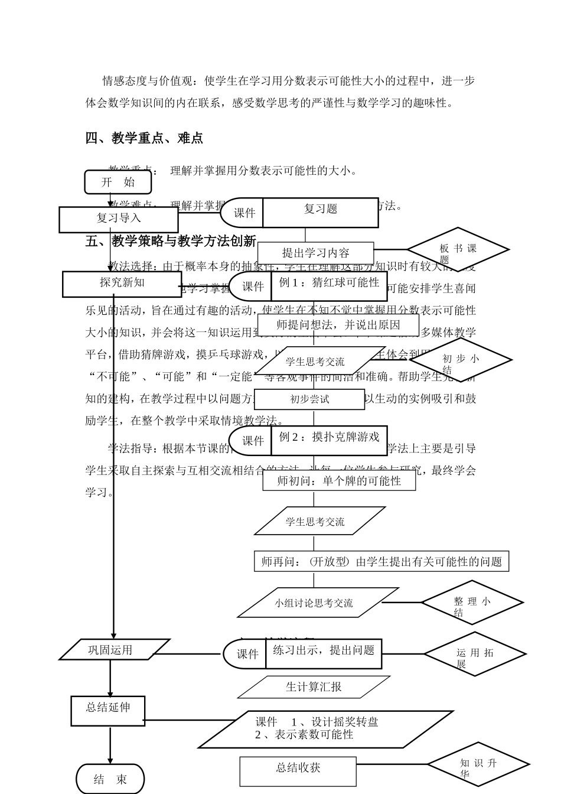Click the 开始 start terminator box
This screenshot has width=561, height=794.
click(118, 182)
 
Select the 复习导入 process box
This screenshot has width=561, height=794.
click(118, 219)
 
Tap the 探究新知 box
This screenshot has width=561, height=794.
click(121, 284)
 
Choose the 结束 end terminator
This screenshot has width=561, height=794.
click(110, 779)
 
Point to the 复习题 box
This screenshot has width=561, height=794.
click(321, 212)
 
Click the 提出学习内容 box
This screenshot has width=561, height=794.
click(315, 253)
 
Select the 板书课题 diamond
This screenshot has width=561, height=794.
click(458, 249)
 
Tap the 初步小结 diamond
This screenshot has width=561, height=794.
click(461, 360)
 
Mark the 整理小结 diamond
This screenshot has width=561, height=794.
click(472, 603)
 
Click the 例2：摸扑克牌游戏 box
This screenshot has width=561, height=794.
click(329, 440)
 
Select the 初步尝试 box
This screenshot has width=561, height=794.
click(309, 399)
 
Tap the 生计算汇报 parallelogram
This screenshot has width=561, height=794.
click(314, 687)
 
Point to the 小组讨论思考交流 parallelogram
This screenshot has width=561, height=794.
click(318, 603)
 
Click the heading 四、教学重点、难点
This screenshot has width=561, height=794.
click(144, 138)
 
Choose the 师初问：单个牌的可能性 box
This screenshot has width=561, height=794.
click(339, 481)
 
